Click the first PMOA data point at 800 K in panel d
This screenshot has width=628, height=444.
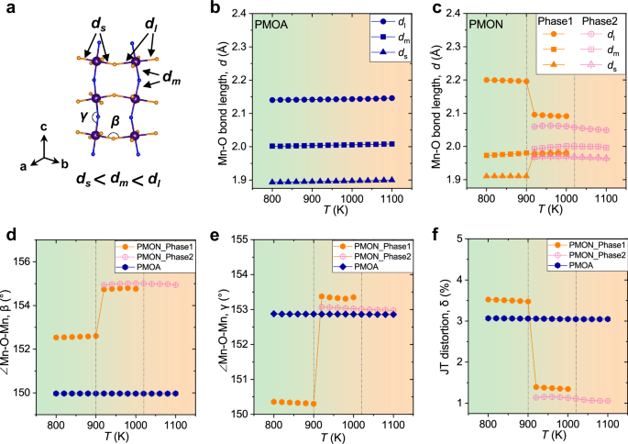click(x=56, y=393)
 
